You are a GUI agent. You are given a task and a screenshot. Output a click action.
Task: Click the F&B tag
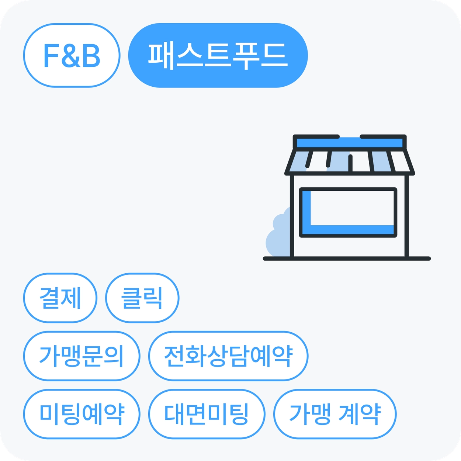pyautogui.click(x=72, y=55)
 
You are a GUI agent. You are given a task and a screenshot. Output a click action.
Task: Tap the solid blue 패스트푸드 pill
pyautogui.click(x=218, y=55)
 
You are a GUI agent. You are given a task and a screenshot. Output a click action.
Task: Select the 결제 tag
pyautogui.click(x=60, y=298)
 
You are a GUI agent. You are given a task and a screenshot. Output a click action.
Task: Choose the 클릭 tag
pyautogui.click(x=142, y=298)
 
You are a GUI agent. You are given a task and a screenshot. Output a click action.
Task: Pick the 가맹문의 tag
pyautogui.click(x=82, y=356)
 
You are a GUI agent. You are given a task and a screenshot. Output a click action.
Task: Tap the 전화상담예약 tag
pyautogui.click(x=228, y=356)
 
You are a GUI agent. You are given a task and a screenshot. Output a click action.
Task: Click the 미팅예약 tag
pyautogui.click(x=82, y=414)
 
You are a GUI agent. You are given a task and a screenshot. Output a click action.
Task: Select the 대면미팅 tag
pyautogui.click(x=207, y=414)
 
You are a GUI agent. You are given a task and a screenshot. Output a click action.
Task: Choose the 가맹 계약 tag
pyautogui.click(x=335, y=414)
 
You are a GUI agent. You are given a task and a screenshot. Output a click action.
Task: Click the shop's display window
pyautogui.click(x=348, y=212)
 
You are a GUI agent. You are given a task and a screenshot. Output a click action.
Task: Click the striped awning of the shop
pyautogui.click(x=350, y=162)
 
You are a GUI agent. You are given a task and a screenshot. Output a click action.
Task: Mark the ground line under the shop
pyautogui.click(x=347, y=259)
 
